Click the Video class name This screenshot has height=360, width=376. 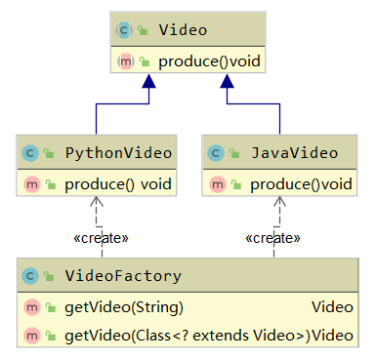pyautogui.click(x=183, y=30)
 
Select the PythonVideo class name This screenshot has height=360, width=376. pyautogui.click(x=118, y=152)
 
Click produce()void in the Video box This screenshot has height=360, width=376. pyautogui.click(x=209, y=60)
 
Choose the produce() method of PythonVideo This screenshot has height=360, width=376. pyautogui.click(x=117, y=183)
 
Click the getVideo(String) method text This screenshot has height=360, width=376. pyautogui.click(x=123, y=307)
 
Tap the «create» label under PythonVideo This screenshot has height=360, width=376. pyautogui.click(x=101, y=237)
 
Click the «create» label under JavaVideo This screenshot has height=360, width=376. pyautogui.click(x=272, y=237)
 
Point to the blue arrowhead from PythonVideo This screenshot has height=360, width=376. pyautogui.click(x=147, y=85)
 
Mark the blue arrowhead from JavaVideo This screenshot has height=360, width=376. pyautogui.click(x=230, y=85)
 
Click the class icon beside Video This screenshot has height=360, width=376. pyautogui.click(x=124, y=30)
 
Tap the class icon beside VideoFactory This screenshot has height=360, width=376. pyautogui.click(x=30, y=276)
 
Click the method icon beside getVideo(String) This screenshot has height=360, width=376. pyautogui.click(x=30, y=307)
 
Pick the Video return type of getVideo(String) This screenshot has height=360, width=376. pyautogui.click(x=332, y=307)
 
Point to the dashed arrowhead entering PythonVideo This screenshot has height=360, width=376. pyautogui.click(x=95, y=202)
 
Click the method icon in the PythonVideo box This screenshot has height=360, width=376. pyautogui.click(x=30, y=183)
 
